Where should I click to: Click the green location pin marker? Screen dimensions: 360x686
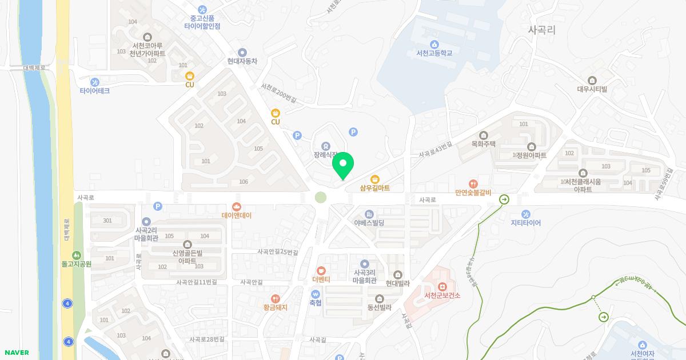point(343,165)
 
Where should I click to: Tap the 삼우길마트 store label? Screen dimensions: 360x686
point(375,187)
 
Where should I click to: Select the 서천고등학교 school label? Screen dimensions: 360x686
point(434,53)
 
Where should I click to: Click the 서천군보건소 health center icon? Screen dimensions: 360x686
point(442,286)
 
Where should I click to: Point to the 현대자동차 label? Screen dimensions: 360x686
point(242,61)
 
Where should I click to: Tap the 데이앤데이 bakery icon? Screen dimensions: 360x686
point(237,207)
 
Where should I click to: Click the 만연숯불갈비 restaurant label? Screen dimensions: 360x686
point(473,193)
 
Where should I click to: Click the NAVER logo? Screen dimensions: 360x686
point(16,353)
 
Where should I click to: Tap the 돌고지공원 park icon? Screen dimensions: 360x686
point(77,255)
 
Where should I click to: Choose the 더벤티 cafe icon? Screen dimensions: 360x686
point(321,270)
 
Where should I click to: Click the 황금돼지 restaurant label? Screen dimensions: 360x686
point(275,307)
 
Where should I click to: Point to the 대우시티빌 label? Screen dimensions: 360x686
point(592,89)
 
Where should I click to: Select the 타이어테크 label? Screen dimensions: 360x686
point(95,91)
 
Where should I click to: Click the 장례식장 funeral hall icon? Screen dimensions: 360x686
point(326,146)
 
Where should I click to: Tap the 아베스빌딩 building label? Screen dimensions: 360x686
point(369,222)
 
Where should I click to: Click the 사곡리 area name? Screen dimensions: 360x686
point(541,30)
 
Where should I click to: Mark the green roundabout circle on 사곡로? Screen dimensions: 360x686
point(321,198)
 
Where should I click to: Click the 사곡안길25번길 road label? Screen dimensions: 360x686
point(278,252)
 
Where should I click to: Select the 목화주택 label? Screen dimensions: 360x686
point(484,144)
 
